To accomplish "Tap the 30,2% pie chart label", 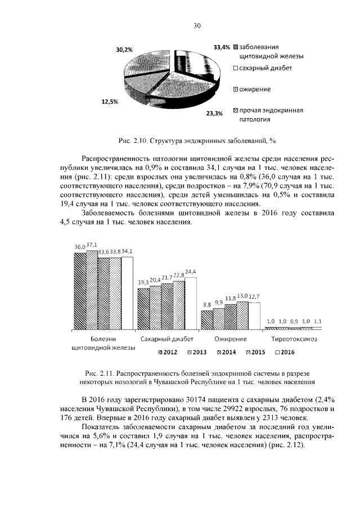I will tap(124, 49).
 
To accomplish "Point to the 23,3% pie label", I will tap(214, 113).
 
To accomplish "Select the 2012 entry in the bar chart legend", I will tap(168, 352).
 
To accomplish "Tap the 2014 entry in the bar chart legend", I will tap(227, 352).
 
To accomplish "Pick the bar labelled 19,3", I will tap(143, 309).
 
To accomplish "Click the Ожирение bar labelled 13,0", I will tap(242, 316).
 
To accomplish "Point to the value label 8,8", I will tap(206, 305).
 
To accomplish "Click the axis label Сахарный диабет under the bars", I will tap(167, 339).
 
